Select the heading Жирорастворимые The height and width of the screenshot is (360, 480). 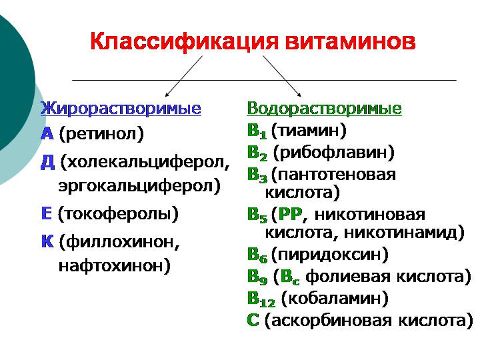tap(121, 108)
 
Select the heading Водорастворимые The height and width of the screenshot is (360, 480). tap(324, 108)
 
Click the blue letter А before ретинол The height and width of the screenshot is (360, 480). tap(47, 133)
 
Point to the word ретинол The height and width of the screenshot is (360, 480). tap(101, 134)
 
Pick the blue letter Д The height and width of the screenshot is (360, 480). tap(47, 161)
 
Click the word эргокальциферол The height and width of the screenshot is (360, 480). tap(139, 185)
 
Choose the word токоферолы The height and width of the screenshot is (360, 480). tap(118, 214)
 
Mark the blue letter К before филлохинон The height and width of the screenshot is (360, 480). tap(47, 241)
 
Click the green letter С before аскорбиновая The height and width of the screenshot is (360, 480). tap(253, 319)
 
